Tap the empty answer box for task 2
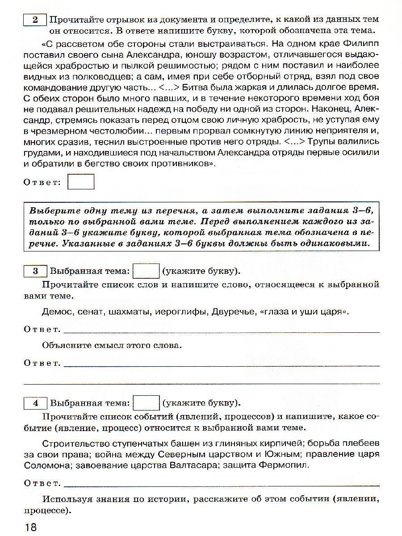tap(81, 182)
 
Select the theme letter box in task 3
tap(147, 271)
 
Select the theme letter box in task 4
tap(147, 403)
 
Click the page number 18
tap(30, 527)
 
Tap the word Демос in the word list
tap(56, 312)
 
